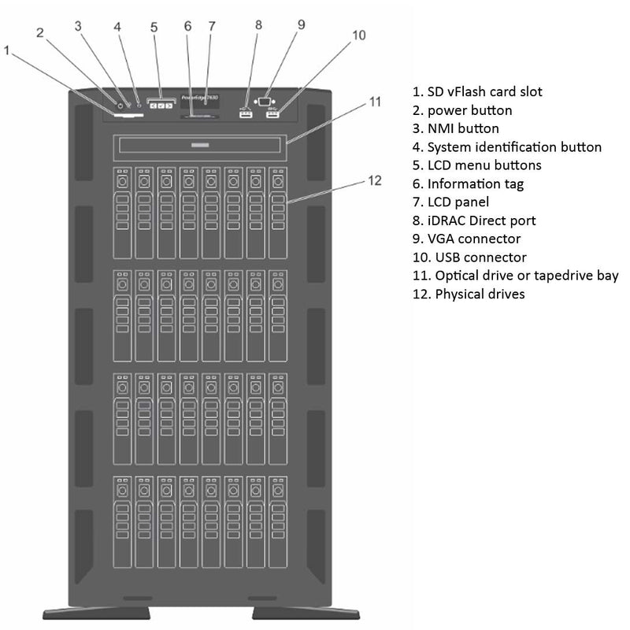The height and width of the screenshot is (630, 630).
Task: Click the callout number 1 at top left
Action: point(7,50)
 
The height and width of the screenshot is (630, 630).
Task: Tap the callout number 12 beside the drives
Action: point(374,180)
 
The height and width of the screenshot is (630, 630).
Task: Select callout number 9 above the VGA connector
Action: point(300,24)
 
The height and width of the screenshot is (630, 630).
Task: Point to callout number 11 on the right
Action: point(376,102)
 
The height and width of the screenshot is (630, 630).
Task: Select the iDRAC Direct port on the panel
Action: point(245,116)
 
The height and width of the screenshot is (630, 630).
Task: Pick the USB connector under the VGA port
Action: point(273,116)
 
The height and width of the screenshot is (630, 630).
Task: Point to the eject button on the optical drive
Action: point(200,146)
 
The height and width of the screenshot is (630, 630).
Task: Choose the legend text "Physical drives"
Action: point(469,294)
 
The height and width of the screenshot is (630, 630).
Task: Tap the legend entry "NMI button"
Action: point(455,128)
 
